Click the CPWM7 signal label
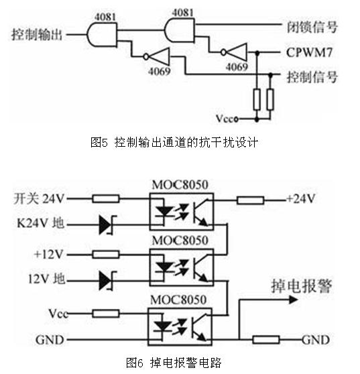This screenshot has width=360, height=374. click(309, 52)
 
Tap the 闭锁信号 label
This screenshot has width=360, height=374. click(312, 27)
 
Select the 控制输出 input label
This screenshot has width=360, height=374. click(37, 34)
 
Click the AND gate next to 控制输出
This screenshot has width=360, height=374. click(102, 35)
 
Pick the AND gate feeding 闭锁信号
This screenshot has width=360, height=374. click(180, 30)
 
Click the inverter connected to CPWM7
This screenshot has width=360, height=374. click(235, 52)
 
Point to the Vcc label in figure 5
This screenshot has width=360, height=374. click(225, 119)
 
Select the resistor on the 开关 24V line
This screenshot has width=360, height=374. click(106, 198)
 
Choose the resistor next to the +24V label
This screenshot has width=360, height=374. click(251, 200)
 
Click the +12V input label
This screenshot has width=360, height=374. click(49, 254)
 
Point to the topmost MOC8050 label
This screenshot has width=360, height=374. click(180, 185)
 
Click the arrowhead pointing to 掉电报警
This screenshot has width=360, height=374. click(293, 300)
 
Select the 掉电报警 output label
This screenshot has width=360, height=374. click(301, 286)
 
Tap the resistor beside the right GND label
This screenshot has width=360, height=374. click(266, 339)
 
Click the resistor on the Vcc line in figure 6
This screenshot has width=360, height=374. click(106, 314)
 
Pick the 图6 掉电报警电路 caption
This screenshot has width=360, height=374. click(174, 363)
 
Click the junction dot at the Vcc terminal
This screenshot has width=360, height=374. click(257, 119)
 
